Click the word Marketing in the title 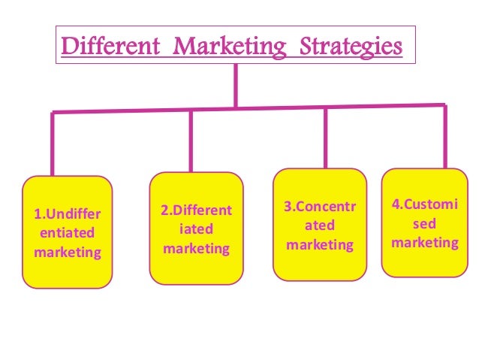[230, 47]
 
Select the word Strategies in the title [346, 47]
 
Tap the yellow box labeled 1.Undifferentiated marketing [67, 232]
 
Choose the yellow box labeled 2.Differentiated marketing [197, 228]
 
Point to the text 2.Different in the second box [197, 211]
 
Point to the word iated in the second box [197, 229]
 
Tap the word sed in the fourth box [425, 224]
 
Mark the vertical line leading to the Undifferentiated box [53, 143]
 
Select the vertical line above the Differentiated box [191, 141]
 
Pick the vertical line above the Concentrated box [325, 138]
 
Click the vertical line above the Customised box [445, 137]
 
